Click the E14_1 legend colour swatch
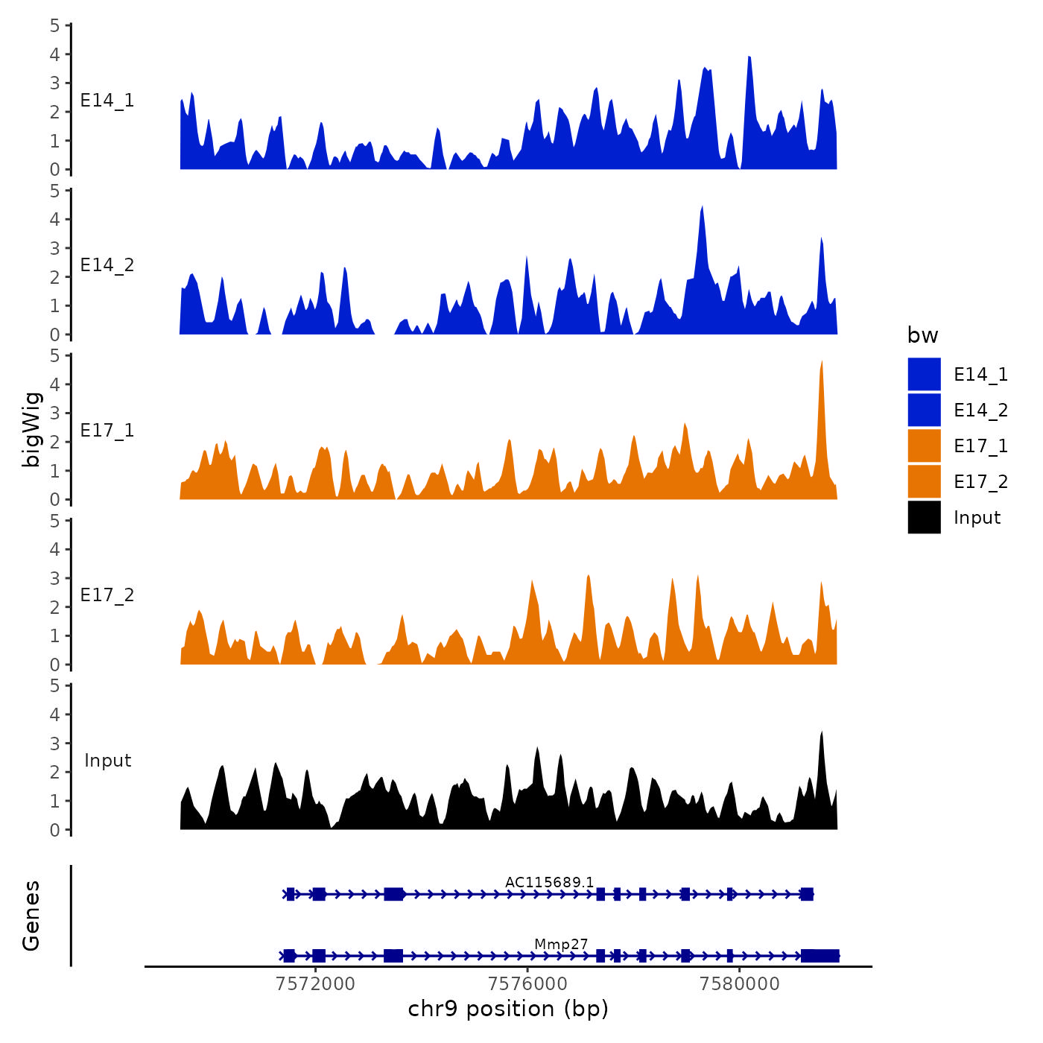pos(924,374)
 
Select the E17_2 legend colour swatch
pos(924,481)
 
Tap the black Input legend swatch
pos(924,517)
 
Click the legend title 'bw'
pos(922,335)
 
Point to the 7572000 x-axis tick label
pos(315,984)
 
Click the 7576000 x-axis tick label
pos(527,984)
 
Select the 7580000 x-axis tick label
pos(740,984)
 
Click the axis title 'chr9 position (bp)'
pos(508,1009)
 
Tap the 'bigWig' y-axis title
pos(31,429)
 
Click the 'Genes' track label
pos(31,916)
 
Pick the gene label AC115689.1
pos(549,883)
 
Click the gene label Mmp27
pos(561,945)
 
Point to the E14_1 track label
pos(107,101)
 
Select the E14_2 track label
pos(107,265)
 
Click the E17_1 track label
pos(107,431)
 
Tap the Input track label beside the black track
pos(107,761)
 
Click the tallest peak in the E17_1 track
pos(822,363)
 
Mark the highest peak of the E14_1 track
pos(749,58)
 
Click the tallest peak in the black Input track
pos(822,733)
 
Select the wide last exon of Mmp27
pos(820,956)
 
